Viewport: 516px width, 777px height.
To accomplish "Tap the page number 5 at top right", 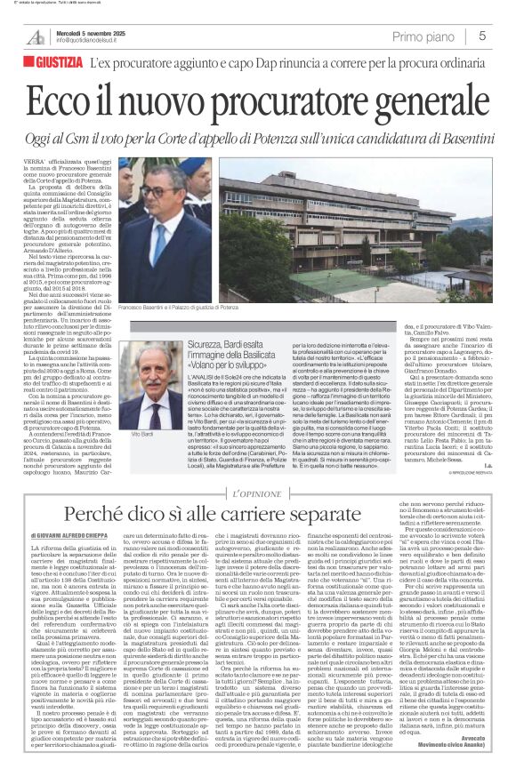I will click(x=482, y=36).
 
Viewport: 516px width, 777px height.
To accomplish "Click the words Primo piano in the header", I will click(x=429, y=36).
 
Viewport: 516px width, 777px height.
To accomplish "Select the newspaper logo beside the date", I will click(x=36, y=36).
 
